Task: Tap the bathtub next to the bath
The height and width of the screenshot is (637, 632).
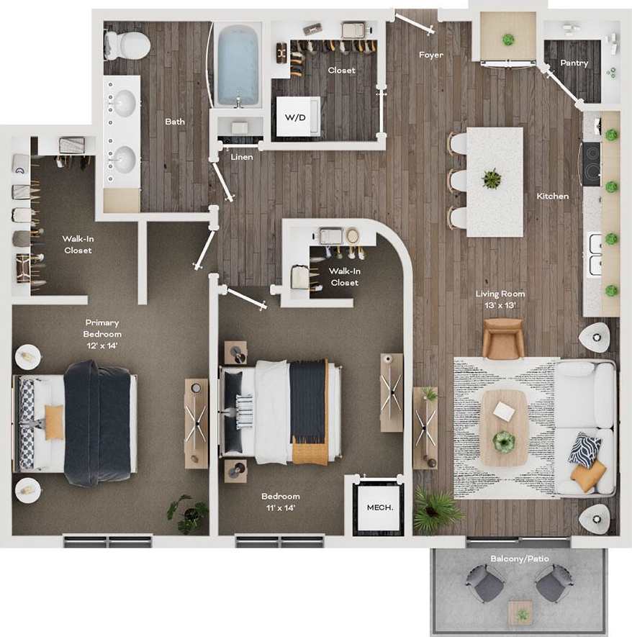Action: (x=238, y=65)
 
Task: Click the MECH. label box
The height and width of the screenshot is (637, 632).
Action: (x=379, y=507)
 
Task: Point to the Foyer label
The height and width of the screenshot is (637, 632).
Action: (x=431, y=55)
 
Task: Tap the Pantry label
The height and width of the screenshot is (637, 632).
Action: (x=574, y=63)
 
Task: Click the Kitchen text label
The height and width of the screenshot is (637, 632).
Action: (x=552, y=196)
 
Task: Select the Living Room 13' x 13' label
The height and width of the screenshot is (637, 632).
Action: (x=500, y=299)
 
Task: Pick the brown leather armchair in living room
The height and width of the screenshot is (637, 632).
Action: (x=502, y=338)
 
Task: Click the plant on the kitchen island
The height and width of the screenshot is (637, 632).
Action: (x=492, y=179)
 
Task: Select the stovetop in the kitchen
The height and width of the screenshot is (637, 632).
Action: (x=591, y=165)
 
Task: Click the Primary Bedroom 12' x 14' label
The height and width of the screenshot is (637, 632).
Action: (x=102, y=333)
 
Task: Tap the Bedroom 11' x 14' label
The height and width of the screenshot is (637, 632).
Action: (x=281, y=502)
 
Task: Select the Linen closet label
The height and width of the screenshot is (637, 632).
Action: (x=241, y=156)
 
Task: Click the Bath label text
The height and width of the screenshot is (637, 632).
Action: (x=175, y=121)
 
